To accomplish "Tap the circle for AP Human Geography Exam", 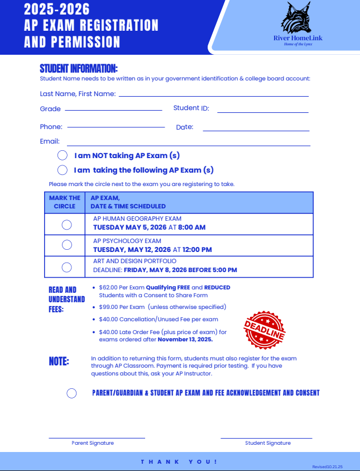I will [66, 225].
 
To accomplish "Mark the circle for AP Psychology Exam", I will [66, 245].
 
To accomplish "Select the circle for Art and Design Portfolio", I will [66, 267].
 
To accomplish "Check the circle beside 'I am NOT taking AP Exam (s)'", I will [63, 155].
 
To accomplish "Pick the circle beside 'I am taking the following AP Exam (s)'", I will [63, 170].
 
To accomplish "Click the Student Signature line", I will [266, 438].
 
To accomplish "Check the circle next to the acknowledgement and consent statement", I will [71, 393].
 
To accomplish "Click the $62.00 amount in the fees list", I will [108, 288].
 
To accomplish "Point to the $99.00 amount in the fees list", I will [108, 307].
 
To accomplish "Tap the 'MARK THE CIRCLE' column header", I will [65, 202].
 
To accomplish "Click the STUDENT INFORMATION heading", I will [79, 69].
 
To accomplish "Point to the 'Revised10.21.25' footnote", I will [328, 466].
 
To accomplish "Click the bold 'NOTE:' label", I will [59, 361].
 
